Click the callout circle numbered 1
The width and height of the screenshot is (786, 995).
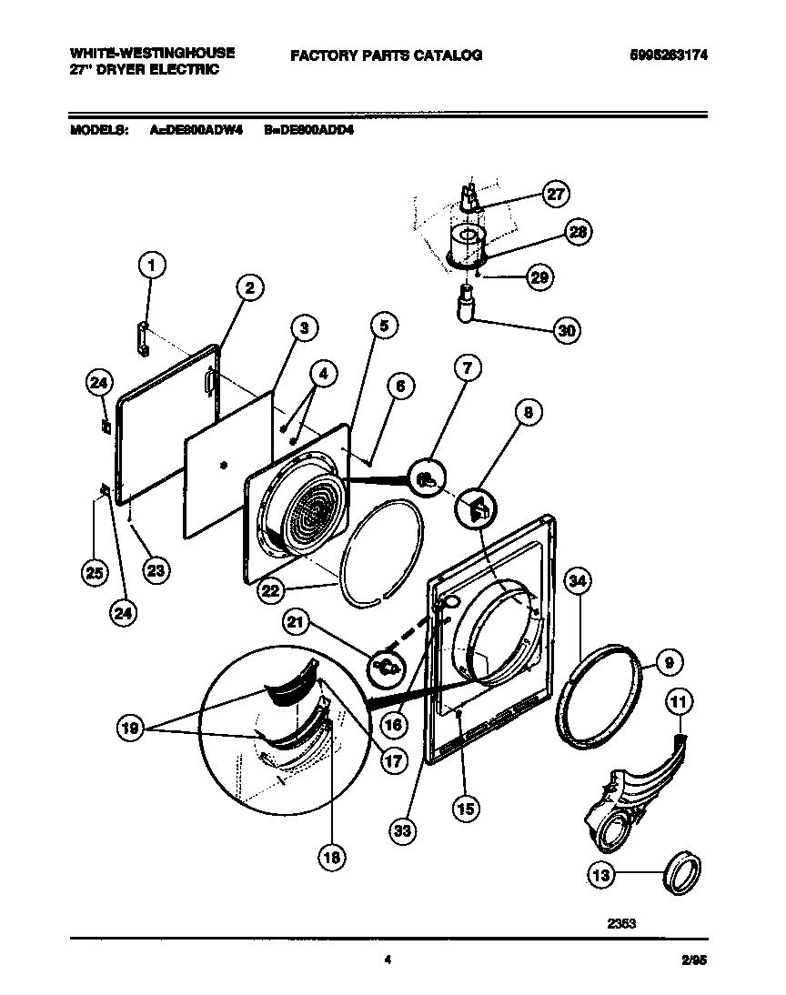point(153,266)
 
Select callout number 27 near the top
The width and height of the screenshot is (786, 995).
point(555,193)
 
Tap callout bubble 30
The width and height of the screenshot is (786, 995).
point(567,330)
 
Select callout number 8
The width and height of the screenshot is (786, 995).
point(528,412)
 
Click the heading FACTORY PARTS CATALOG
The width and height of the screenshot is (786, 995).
point(386,55)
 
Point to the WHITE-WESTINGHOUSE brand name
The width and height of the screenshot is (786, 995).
point(152,53)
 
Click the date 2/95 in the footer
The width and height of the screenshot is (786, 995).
point(693,958)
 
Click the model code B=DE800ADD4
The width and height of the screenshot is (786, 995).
point(308,130)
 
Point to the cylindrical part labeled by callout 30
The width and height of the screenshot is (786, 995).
point(468,303)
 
